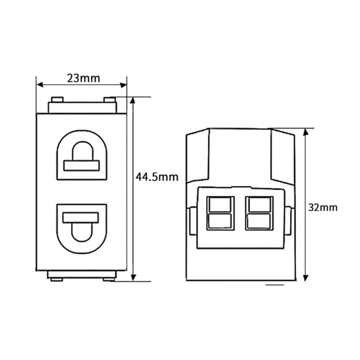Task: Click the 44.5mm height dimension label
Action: click(157, 177)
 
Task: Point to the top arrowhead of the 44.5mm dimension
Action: click(134, 100)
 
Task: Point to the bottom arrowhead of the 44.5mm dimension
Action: click(134, 278)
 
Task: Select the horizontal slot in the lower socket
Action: click(81, 217)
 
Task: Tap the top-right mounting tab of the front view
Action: click(109, 99)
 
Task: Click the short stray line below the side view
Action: click(274, 284)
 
